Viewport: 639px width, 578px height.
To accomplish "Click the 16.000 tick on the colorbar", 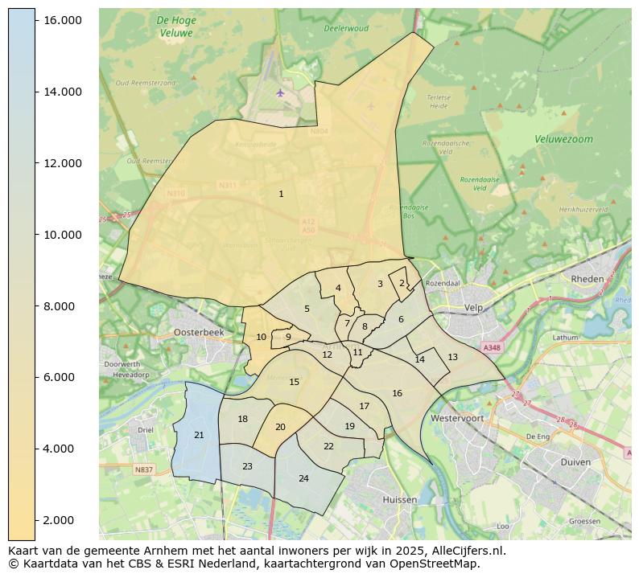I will (61, 19).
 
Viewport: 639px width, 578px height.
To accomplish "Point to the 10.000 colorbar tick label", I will (61, 235).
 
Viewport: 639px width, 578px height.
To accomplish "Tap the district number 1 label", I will (281, 194).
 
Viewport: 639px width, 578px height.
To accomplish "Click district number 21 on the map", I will (199, 435).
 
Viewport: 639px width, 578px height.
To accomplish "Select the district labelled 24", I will (303, 478).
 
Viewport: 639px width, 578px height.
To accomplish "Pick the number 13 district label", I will (452, 357).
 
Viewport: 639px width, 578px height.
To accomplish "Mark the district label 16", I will (397, 393).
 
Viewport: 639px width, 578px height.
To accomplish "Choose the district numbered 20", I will (280, 428).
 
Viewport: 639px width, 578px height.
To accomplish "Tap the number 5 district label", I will (307, 309).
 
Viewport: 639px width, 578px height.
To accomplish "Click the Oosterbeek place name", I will (198, 332).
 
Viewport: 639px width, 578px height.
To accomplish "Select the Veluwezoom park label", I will (563, 139).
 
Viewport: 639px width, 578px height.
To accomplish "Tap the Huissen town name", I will (400, 499).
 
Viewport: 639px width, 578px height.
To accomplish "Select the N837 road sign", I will (143, 469).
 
